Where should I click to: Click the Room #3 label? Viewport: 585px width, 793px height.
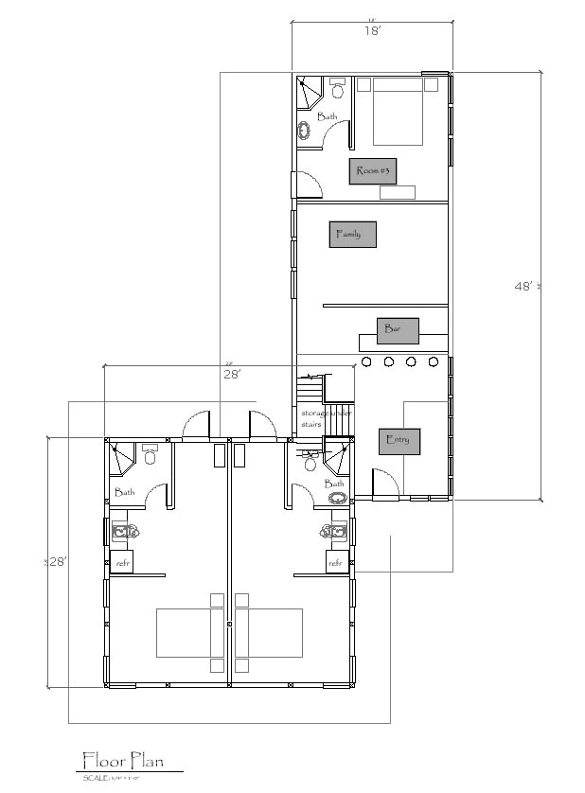point(373,171)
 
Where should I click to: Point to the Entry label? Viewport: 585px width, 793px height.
point(399,440)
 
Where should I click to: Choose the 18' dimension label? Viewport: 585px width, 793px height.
point(372,31)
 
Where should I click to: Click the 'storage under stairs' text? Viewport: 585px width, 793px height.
point(322,419)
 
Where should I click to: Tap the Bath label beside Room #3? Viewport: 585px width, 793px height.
point(327,117)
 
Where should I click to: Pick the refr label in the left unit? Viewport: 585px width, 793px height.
point(123,562)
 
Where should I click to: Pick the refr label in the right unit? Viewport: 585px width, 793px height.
point(335,562)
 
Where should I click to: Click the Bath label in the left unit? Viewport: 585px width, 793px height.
point(124,492)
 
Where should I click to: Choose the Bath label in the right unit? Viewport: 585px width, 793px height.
point(335,484)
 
